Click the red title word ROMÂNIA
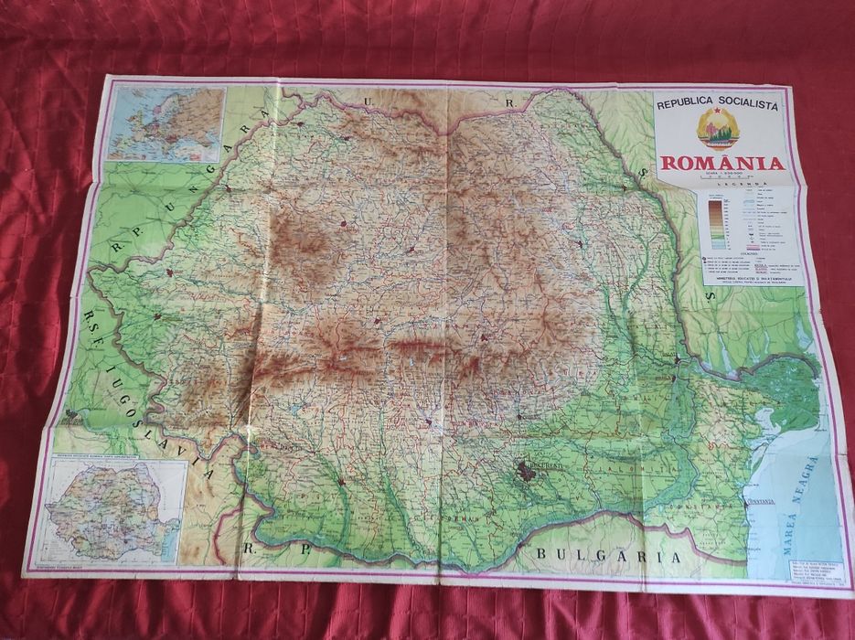tap(722, 165)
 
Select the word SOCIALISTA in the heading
tap(749, 106)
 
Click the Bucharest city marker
tap(528, 471)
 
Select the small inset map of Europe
tap(166, 123)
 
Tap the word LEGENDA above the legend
tap(748, 184)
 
